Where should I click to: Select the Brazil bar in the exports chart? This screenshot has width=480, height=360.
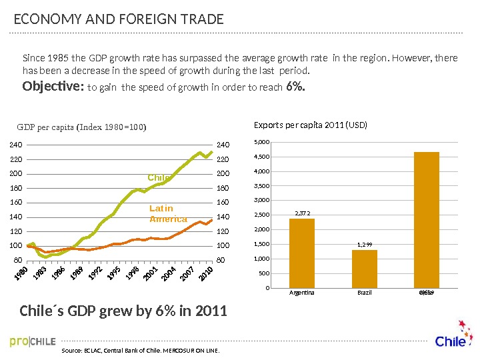point(364,269)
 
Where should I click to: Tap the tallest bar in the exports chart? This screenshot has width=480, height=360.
point(427,220)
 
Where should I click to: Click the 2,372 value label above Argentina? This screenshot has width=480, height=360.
point(301,213)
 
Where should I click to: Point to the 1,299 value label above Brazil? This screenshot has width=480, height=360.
point(364,245)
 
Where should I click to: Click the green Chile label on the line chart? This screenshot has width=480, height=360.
point(159,177)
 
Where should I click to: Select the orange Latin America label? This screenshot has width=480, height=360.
point(162,214)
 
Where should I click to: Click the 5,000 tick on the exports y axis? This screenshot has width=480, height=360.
point(263,142)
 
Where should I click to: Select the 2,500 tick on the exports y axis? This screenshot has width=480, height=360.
point(263,215)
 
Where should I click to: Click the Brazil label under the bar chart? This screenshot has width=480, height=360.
point(364,292)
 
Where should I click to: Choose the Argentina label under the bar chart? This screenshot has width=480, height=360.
point(301,292)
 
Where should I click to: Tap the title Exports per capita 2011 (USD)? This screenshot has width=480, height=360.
point(311,125)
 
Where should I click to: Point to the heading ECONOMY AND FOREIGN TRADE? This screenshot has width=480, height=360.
point(119,20)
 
